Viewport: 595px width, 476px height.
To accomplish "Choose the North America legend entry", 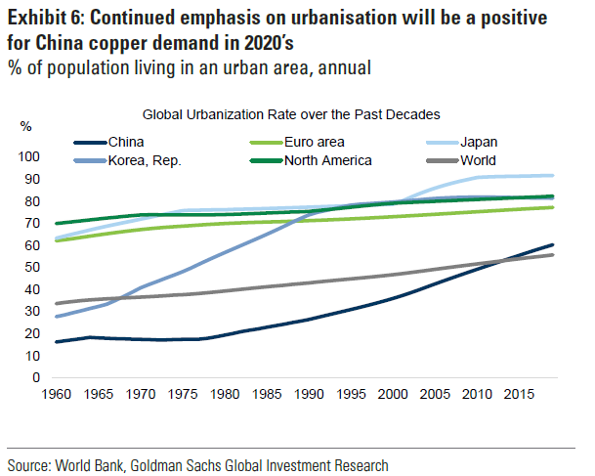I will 328,160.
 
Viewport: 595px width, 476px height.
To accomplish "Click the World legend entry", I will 481,160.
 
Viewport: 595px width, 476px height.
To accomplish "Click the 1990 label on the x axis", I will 310,396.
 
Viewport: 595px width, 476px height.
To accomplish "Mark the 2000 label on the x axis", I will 392,396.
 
